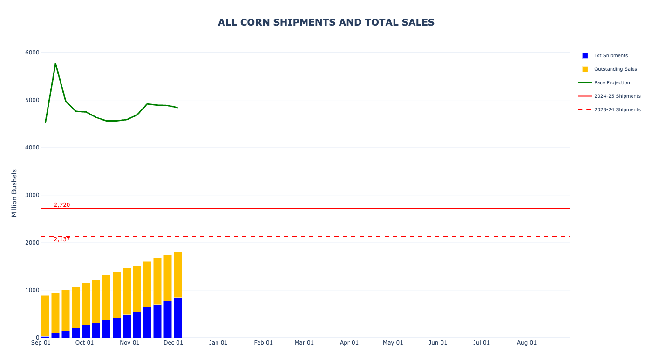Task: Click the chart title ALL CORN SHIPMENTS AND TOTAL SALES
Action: point(326,22)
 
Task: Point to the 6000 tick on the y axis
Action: point(32,53)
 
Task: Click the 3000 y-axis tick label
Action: point(32,195)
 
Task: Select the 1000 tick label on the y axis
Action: point(32,290)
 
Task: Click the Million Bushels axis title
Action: point(14,193)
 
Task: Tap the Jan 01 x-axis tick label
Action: point(218,343)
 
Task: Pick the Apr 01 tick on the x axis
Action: point(349,343)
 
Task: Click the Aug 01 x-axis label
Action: point(527,343)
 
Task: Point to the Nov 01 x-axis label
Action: point(129,343)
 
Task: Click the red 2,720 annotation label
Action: point(62,205)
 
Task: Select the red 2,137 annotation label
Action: point(62,239)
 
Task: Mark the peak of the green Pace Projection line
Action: point(55,64)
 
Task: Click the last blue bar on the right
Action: point(177,318)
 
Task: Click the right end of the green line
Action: point(177,108)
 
